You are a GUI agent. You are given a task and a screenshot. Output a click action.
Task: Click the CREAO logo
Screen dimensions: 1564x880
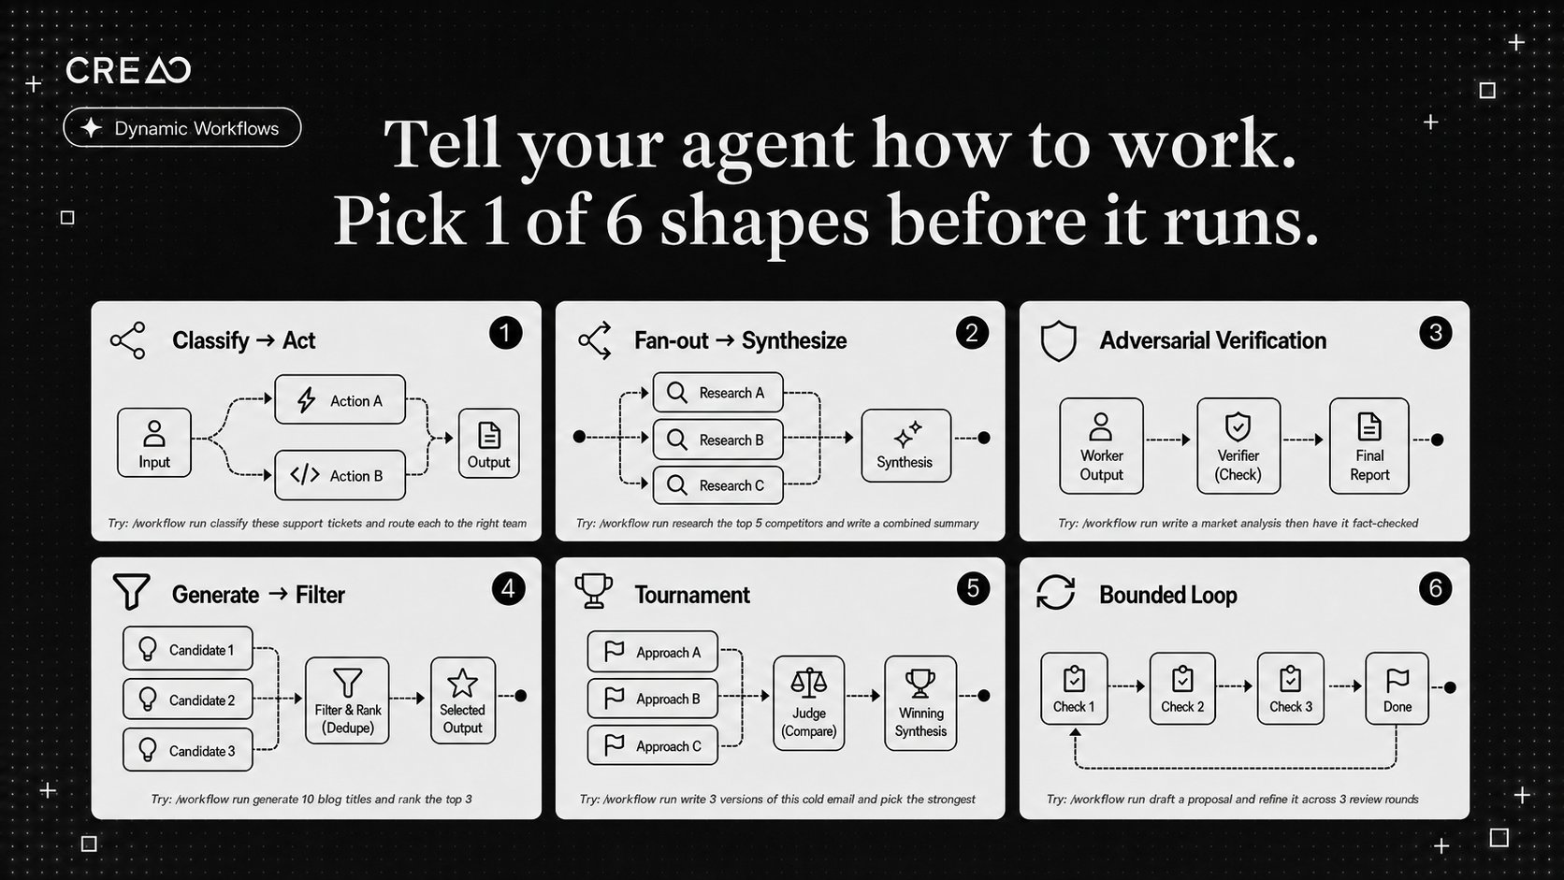tap(128, 70)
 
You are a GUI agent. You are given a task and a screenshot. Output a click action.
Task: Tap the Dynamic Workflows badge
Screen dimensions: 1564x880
tap(182, 128)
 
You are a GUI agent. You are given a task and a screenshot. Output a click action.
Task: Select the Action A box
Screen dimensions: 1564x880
tap(340, 400)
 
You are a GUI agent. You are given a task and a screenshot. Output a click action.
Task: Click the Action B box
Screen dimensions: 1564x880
tap(340, 475)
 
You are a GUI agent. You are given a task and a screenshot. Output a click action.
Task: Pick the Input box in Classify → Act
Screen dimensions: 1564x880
tap(154, 443)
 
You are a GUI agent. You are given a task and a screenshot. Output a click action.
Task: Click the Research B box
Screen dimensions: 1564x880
tap(717, 440)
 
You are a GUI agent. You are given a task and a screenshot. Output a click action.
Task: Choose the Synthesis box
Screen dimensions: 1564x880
tap(905, 446)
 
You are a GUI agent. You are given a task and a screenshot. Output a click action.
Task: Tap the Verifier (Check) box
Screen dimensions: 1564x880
tap(1238, 446)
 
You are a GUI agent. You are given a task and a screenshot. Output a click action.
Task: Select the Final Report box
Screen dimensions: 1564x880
tap(1369, 446)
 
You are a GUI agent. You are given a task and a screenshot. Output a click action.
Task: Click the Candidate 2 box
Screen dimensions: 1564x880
tap(188, 700)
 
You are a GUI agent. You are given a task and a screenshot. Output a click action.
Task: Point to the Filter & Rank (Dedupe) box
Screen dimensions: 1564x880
tap(347, 700)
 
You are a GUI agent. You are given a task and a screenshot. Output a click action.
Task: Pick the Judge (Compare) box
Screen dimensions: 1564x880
tap(808, 703)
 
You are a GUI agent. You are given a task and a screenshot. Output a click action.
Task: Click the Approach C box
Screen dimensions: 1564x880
tap(652, 745)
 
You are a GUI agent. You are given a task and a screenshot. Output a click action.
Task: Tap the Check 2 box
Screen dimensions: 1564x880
tap(1182, 689)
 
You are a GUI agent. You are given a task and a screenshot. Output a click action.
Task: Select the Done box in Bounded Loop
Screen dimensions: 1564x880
tap(1397, 689)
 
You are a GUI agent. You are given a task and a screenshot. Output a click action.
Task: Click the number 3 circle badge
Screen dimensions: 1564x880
tap(1436, 333)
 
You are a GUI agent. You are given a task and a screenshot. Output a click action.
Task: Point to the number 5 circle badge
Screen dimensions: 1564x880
tap(973, 588)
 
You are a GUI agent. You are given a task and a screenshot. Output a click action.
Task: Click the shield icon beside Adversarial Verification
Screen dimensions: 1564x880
tap(1059, 340)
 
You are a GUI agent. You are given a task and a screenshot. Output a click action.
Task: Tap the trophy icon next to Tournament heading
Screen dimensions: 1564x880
tap(593, 591)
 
